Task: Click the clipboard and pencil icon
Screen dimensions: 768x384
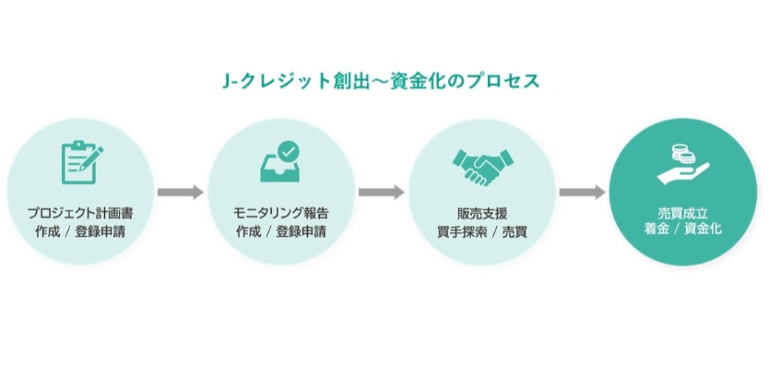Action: (x=80, y=162)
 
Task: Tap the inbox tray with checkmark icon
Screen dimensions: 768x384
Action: (x=281, y=163)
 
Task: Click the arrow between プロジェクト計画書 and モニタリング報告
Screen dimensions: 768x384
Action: (x=180, y=193)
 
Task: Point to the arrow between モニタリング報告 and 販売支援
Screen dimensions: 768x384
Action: (x=381, y=193)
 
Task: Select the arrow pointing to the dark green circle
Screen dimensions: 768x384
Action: (x=582, y=193)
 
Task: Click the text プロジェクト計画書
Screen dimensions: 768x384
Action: (x=80, y=213)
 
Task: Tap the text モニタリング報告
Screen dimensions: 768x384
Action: (x=281, y=213)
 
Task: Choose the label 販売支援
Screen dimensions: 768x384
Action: (x=481, y=213)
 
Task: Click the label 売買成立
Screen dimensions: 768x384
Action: (x=682, y=213)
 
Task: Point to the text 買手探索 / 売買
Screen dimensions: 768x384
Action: (x=481, y=230)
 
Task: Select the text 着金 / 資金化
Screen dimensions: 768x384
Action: (x=682, y=230)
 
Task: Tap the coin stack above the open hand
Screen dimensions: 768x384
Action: (x=681, y=154)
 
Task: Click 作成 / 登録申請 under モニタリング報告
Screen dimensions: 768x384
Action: (x=281, y=230)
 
